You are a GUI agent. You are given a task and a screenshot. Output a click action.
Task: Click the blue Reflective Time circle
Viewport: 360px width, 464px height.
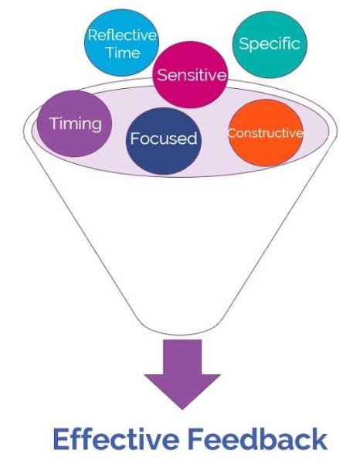pyautogui.click(x=121, y=43)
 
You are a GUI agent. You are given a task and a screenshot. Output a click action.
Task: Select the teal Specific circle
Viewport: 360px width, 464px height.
pyautogui.click(x=270, y=44)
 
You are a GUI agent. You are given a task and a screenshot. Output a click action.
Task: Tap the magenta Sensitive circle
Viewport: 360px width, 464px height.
pyautogui.click(x=191, y=74)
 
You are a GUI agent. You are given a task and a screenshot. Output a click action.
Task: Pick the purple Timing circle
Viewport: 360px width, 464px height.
pyautogui.click(x=75, y=124)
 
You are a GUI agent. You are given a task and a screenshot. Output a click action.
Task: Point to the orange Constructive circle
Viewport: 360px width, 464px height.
pyautogui.click(x=266, y=133)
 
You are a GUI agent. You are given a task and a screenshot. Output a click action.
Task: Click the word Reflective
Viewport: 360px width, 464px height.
pyautogui.click(x=122, y=35)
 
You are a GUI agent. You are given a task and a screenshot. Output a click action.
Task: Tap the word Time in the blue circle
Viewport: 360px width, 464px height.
pyautogui.click(x=123, y=53)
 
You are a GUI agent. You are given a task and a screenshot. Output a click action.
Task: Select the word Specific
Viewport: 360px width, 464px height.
pyautogui.click(x=270, y=44)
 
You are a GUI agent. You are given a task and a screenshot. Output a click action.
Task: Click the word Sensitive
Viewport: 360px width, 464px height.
pyautogui.click(x=192, y=74)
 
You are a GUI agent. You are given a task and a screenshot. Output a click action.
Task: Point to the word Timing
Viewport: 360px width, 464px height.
pyautogui.click(x=76, y=124)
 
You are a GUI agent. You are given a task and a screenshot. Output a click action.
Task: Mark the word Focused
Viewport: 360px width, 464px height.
pyautogui.click(x=164, y=138)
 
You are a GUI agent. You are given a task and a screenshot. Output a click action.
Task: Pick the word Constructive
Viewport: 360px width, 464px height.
pyautogui.click(x=266, y=133)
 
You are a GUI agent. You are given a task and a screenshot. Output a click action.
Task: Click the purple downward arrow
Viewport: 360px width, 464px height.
pyautogui.click(x=182, y=374)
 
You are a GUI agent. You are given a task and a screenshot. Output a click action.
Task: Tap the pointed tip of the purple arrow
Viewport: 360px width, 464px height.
pyautogui.click(x=182, y=409)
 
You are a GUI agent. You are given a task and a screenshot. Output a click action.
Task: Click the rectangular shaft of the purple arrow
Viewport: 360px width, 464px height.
pyautogui.click(x=182, y=357)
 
